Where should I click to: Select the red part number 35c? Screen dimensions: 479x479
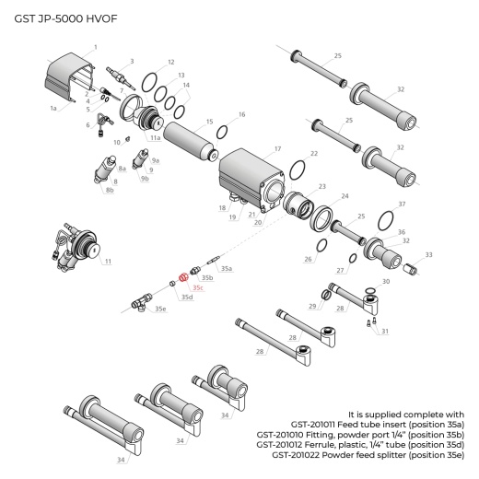pos(198,287)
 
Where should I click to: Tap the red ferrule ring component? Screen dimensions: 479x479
pos(182,275)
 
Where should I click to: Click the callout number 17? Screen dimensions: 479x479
pos(277,147)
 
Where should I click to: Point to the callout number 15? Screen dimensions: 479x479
pos(210,122)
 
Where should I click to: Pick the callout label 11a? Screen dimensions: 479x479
pos(156,137)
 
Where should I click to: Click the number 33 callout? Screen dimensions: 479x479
pos(428,254)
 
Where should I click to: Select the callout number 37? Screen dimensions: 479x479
pos(401,203)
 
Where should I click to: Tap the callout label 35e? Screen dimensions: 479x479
pos(161,309)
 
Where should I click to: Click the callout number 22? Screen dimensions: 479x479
pos(314,153)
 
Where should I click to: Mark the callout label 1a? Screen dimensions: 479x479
pos(53,108)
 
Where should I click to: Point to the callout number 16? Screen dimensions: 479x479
pos(241,115)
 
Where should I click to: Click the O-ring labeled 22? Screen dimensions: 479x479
pos(298,171)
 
